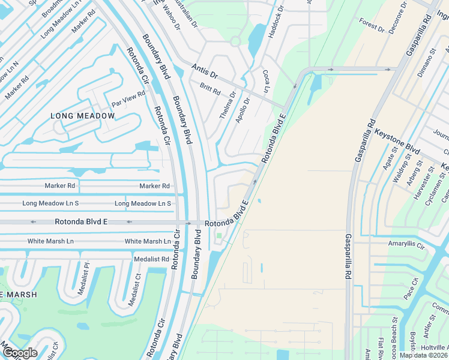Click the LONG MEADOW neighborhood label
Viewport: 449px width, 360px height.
(x=82, y=116)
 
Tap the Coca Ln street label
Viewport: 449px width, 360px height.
(x=265, y=80)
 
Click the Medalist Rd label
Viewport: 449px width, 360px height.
(x=152, y=259)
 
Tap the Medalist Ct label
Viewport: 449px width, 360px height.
(x=132, y=291)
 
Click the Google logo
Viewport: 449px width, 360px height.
(x=20, y=353)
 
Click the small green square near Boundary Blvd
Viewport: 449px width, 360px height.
(x=219, y=235)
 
